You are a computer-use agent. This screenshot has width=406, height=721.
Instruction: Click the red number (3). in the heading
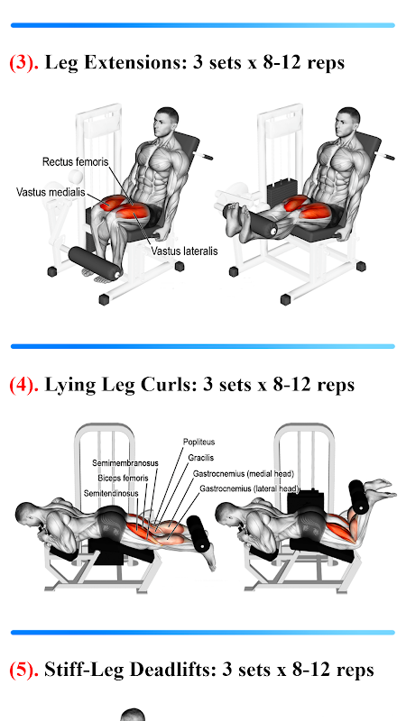tap(24, 62)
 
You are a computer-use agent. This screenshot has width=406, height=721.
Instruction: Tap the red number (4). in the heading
tap(24, 385)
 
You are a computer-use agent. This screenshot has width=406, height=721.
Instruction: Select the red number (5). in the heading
tap(24, 670)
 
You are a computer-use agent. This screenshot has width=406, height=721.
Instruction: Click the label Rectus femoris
tap(76, 162)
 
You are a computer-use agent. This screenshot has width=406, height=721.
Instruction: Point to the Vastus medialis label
tap(51, 192)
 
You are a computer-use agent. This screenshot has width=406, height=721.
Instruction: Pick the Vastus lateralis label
tap(185, 251)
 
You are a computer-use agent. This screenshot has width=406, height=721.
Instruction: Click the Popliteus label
tap(198, 442)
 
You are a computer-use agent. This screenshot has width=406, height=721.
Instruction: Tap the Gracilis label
tap(200, 458)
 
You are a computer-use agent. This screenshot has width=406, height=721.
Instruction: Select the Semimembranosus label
tap(125, 463)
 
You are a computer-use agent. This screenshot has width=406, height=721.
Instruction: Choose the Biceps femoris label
tap(123, 479)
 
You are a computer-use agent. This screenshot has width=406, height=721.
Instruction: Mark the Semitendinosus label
tap(111, 493)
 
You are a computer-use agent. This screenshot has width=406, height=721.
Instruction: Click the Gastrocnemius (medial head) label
tap(244, 473)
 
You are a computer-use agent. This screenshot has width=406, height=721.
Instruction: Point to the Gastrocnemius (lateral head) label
tap(250, 488)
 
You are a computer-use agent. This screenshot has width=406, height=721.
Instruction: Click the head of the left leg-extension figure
tap(166, 121)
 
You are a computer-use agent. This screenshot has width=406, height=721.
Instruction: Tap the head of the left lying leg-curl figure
tap(29, 516)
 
